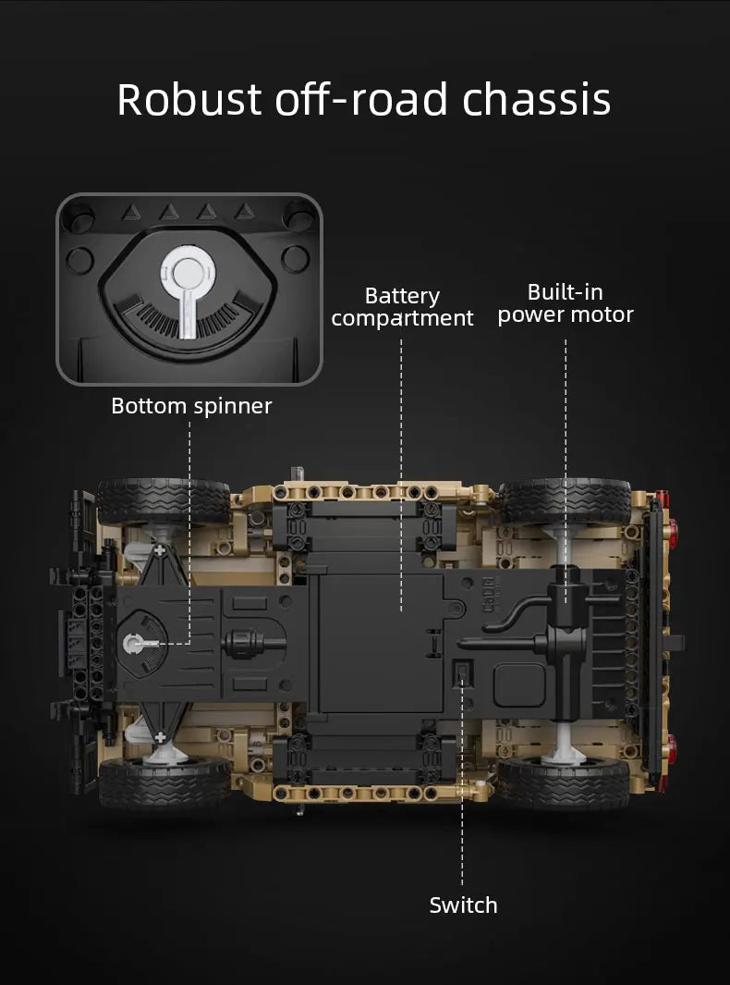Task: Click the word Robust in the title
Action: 190,100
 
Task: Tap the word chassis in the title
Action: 536,100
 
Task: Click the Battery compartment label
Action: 402,307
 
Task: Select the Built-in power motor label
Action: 566,303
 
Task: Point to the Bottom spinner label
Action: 191,406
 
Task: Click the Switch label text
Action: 463,905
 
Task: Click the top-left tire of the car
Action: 164,500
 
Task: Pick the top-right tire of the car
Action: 564,500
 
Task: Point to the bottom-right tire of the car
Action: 564,783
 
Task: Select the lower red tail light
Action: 673,746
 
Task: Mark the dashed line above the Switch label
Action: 462,832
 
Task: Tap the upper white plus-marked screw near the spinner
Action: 161,550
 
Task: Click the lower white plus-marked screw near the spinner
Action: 161,736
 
